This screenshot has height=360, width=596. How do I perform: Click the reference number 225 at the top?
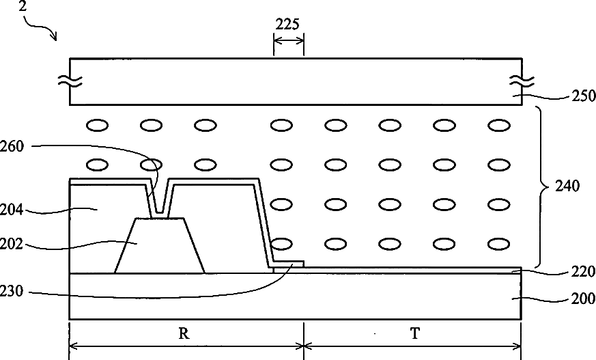tap(287, 25)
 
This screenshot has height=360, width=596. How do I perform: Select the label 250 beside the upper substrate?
tap(584, 96)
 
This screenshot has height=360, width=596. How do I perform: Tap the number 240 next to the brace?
tap(567, 186)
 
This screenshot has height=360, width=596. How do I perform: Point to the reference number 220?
tap(583, 272)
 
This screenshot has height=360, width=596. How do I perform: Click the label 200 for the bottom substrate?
tap(583, 299)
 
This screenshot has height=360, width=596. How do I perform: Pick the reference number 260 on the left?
tap(12, 146)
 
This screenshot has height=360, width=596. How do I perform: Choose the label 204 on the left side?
tap(12, 210)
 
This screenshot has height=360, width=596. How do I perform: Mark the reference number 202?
tap(12, 244)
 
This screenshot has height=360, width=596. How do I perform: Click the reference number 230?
tap(12, 292)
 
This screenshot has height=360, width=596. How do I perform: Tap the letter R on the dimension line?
tap(184, 333)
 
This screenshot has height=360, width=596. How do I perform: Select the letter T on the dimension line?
tap(414, 333)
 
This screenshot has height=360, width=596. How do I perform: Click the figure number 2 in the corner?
tap(23, 6)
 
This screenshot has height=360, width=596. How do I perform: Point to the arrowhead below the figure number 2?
tap(55, 37)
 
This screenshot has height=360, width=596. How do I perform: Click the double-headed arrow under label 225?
tap(289, 40)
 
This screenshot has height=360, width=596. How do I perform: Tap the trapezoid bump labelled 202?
tap(160, 245)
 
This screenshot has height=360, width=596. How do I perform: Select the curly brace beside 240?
tap(542, 186)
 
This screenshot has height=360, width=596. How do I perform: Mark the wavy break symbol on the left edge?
tap(70, 81)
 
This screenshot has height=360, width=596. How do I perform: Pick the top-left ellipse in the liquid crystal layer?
tap(98, 125)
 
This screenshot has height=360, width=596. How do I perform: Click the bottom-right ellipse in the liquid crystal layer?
tap(498, 244)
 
